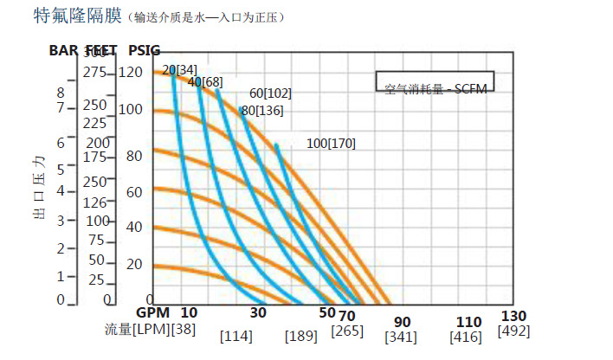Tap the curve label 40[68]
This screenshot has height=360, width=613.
tap(205, 82)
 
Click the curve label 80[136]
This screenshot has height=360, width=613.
tap(261, 110)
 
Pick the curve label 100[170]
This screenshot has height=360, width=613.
tap(331, 143)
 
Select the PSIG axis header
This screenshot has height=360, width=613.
tap(144, 51)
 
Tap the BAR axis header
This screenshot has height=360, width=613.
tap(63, 51)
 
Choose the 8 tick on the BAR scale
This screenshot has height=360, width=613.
tap(61, 93)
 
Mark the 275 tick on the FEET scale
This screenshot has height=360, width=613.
tap(95, 74)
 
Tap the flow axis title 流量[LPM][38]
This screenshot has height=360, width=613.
tap(148, 329)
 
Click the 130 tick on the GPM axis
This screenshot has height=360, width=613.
tap(513, 316)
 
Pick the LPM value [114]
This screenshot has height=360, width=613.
tap(236, 336)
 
